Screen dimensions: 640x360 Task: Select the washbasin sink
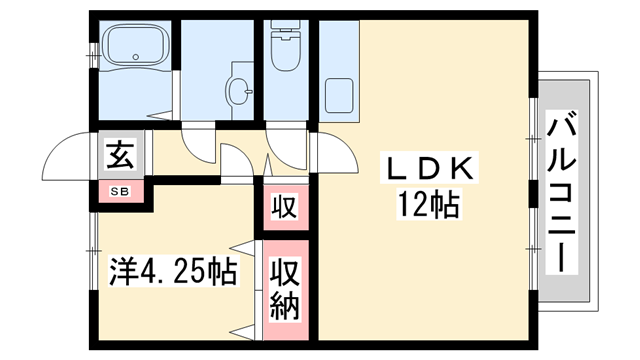coord(240,92)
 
